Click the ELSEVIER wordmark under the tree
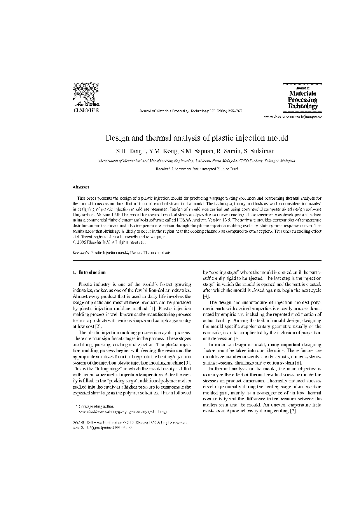pyautogui.click(x=86, y=110)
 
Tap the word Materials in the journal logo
pyautogui.click(x=302, y=93)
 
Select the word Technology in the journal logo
pyautogui.click(x=302, y=106)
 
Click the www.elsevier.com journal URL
pyautogui.click(x=293, y=116)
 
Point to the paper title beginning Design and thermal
pyautogui.click(x=197, y=138)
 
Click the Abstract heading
pyautogui.click(x=81, y=187)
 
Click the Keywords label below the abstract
pyautogui.click(x=80, y=253)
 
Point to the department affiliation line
pyautogui.click(x=197, y=160)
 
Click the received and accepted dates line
pyautogui.click(x=197, y=169)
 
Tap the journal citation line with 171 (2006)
pyautogui.click(x=190, y=111)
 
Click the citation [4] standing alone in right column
pyautogui.click(x=206, y=296)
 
